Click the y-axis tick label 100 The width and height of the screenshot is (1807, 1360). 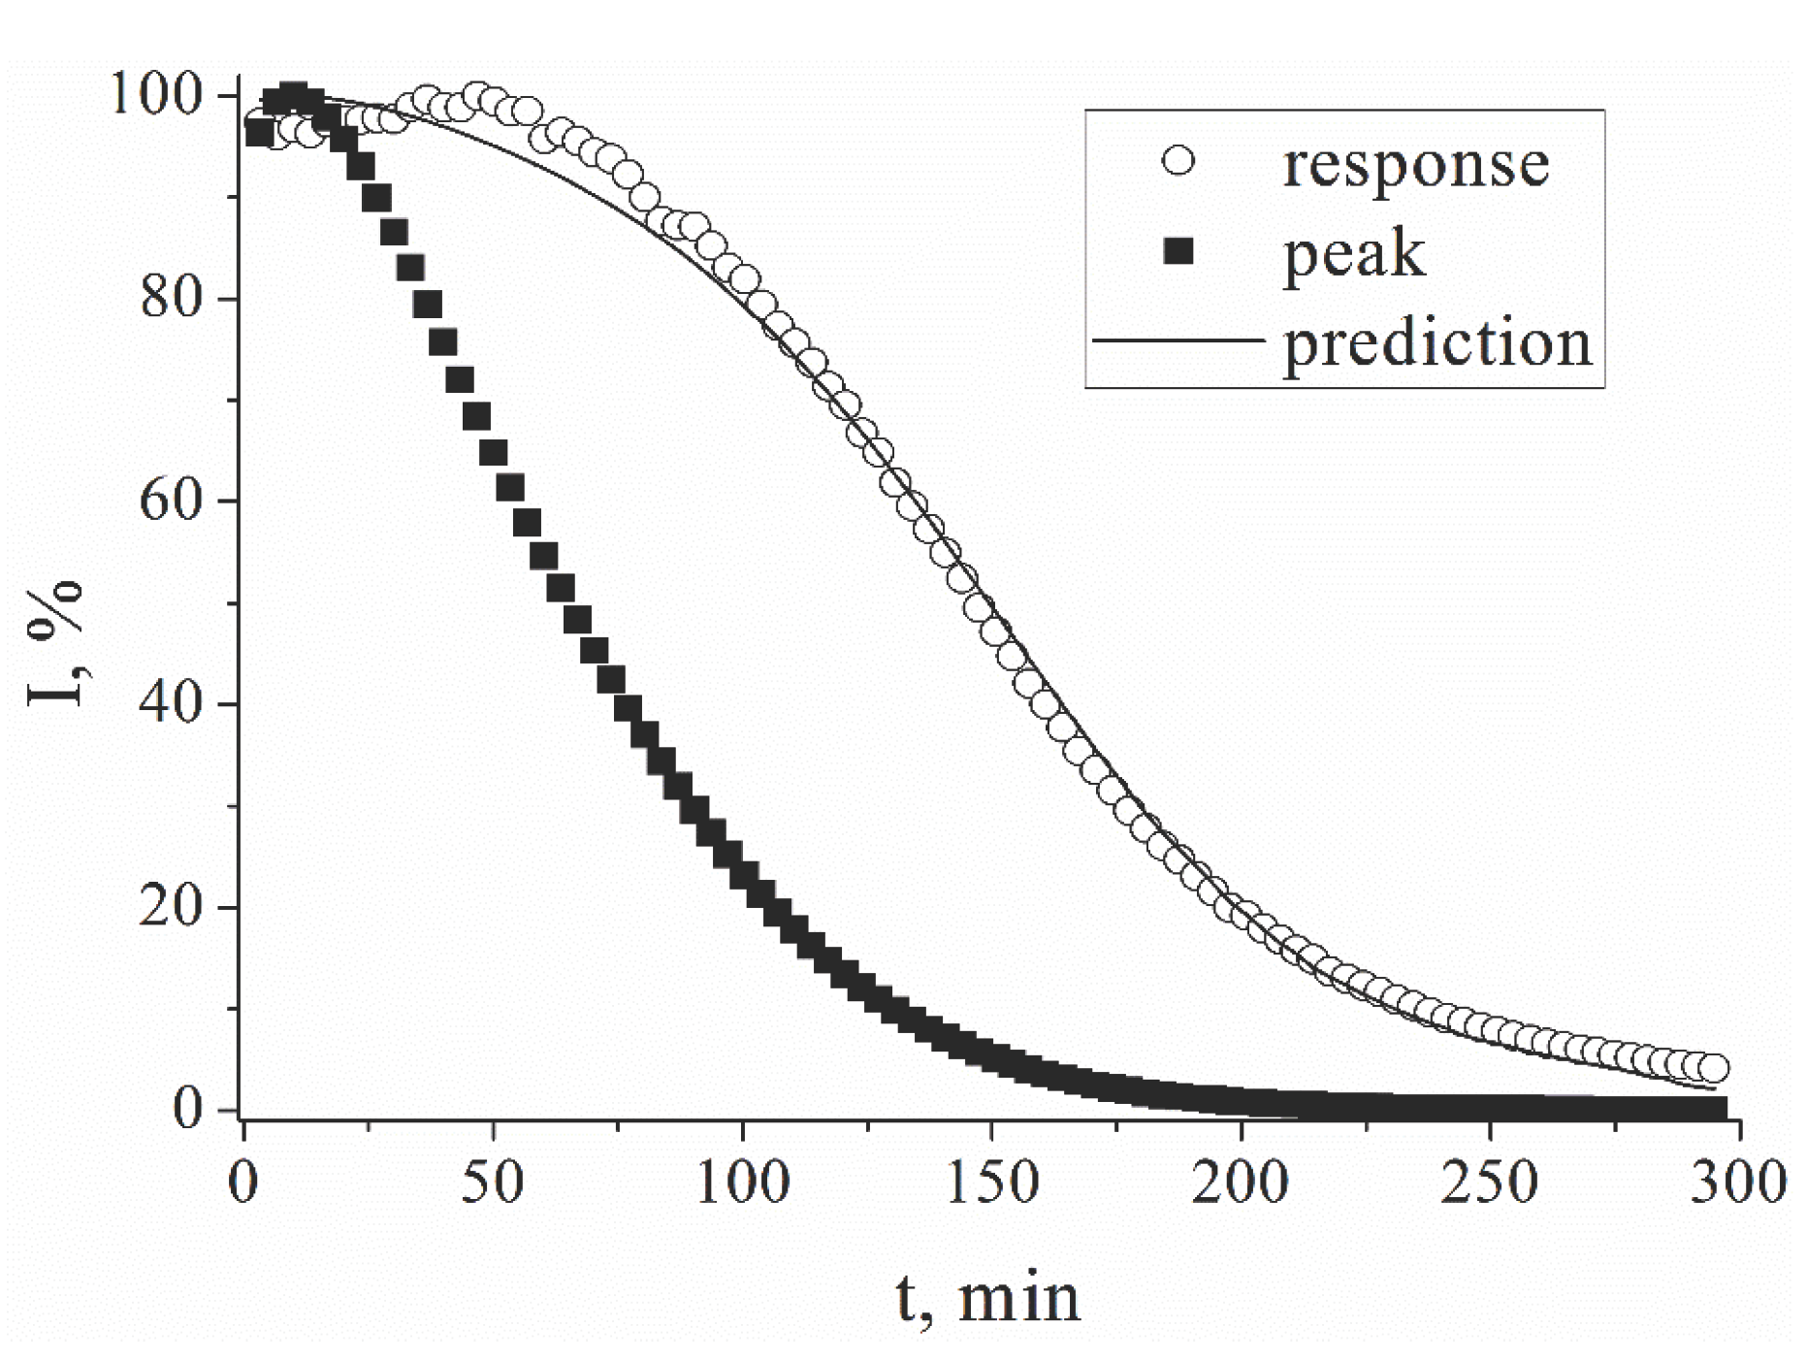[156, 96]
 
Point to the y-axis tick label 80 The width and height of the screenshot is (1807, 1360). [173, 299]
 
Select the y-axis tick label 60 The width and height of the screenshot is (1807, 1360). [173, 502]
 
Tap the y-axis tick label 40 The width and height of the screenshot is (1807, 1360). [173, 704]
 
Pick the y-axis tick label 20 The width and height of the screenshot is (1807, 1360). [173, 908]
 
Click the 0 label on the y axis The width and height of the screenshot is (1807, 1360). [189, 1110]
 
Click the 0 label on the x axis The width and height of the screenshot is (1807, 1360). [242, 1183]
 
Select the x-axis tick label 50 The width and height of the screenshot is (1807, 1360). [493, 1183]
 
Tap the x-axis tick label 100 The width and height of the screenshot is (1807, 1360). [743, 1183]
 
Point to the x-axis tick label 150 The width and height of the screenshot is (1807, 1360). [992, 1183]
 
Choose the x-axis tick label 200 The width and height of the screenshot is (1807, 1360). [1242, 1183]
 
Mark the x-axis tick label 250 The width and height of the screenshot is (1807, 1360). [1491, 1183]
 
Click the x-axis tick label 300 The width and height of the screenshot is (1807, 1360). [1739, 1183]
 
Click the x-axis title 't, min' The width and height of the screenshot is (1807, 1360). [986, 1298]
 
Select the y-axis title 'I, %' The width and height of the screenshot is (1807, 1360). [57, 644]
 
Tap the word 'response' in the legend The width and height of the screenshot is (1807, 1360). [1415, 165]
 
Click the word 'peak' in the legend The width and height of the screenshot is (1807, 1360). [1354, 254]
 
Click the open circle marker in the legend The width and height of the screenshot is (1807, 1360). [1178, 160]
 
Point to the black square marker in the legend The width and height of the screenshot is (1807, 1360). [1178, 252]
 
